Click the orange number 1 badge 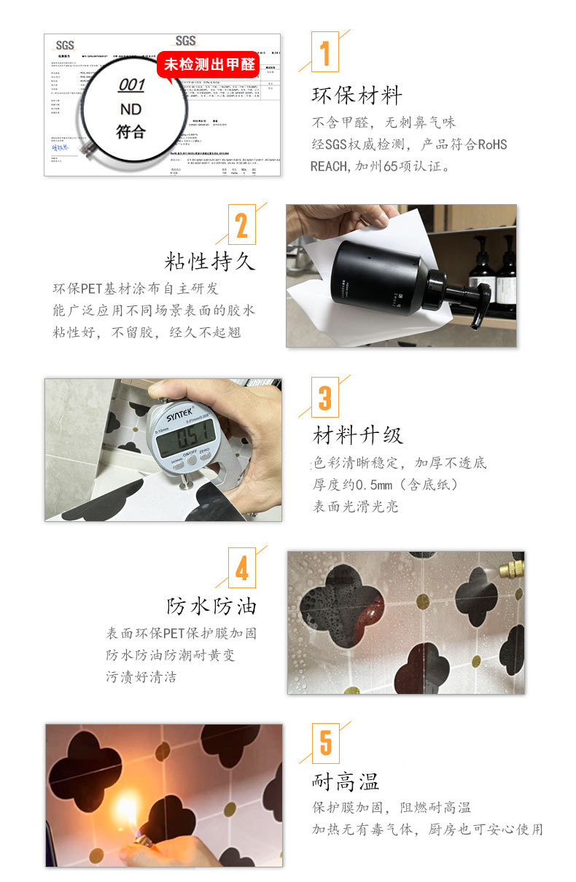click(325, 52)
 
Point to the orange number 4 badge click(241, 569)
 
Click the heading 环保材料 click(357, 95)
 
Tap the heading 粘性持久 click(211, 261)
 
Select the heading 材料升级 click(357, 435)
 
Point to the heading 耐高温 click(346, 782)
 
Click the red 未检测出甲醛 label click(209, 65)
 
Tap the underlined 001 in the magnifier click(131, 85)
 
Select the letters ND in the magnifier click(131, 109)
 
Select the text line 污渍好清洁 click(141, 677)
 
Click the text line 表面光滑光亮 click(356, 507)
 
